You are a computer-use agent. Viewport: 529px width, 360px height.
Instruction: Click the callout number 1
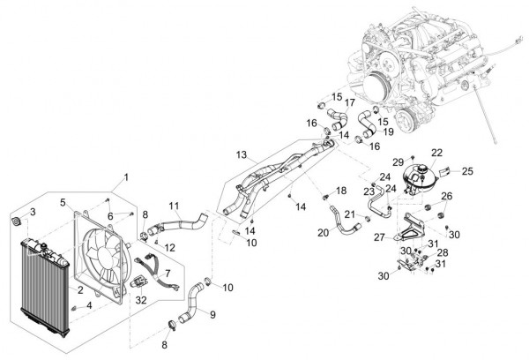click(125, 178)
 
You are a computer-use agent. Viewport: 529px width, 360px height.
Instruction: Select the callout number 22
click(437, 154)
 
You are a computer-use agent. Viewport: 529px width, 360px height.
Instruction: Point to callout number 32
click(141, 300)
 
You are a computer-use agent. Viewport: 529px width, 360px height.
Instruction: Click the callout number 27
click(378, 236)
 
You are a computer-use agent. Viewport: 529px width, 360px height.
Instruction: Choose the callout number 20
click(324, 232)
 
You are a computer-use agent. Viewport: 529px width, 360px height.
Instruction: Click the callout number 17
click(349, 102)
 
